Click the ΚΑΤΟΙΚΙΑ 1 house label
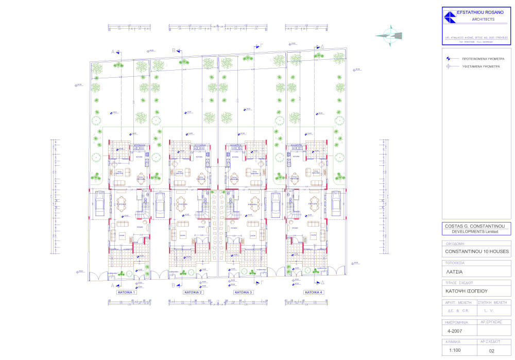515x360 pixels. [x=126, y=292]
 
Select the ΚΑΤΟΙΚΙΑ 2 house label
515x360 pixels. [x=193, y=292]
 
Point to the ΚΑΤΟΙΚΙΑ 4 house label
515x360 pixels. [x=314, y=292]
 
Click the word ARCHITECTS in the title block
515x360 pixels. [x=483, y=20]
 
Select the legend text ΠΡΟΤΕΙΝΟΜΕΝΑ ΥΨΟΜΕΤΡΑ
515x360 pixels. [x=483, y=59]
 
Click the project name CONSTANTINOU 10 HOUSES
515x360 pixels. [x=477, y=251]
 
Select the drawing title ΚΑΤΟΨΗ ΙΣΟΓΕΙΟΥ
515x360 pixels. [x=463, y=290]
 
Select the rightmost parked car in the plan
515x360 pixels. [x=336, y=203]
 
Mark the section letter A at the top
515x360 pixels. [x=112, y=52]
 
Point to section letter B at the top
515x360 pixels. [x=174, y=50]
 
